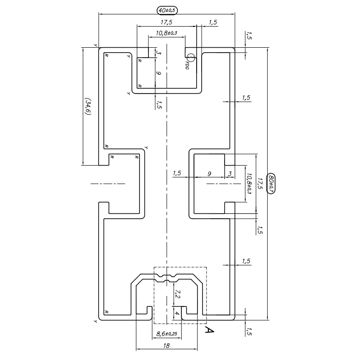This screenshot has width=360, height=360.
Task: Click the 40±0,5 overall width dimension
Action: (x=166, y=9)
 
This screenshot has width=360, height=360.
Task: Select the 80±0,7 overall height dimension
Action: (x=271, y=184)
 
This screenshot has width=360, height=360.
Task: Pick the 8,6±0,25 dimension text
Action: (x=166, y=334)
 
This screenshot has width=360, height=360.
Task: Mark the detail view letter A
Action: (x=209, y=331)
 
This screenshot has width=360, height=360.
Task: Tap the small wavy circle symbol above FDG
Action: (x=190, y=58)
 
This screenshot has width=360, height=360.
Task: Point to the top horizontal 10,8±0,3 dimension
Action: (x=166, y=33)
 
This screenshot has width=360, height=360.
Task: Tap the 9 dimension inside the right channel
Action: (x=209, y=173)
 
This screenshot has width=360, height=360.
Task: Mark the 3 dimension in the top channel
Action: (x=158, y=53)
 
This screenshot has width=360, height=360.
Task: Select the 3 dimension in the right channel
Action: (x=229, y=173)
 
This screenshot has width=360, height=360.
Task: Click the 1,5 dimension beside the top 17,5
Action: (x=213, y=22)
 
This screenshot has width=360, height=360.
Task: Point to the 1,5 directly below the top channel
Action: (x=158, y=104)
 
